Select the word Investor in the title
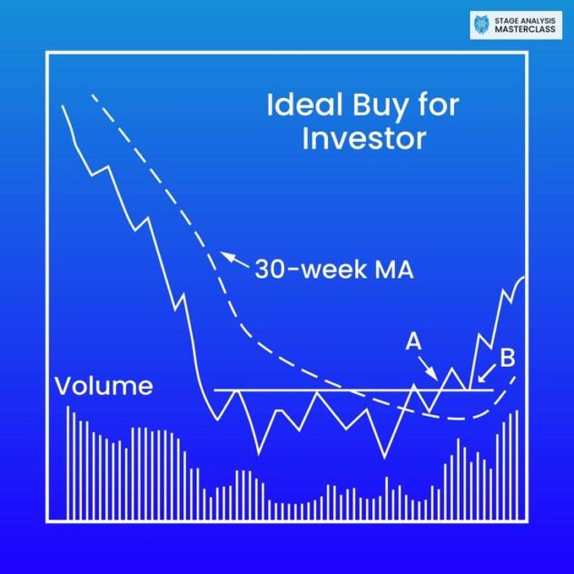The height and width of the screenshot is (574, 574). tap(363, 139)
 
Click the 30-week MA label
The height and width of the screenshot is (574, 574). tap(333, 269)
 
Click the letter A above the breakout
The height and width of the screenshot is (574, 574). tap(413, 341)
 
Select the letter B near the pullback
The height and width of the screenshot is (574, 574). tap(507, 357)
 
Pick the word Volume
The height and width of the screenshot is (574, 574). tap(104, 386)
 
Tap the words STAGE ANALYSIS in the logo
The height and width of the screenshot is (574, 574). tap(524, 19)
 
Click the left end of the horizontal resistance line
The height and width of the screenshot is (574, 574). tap(214, 390)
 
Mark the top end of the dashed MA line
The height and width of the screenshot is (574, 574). tap(92, 94)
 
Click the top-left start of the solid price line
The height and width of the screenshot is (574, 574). tap(62, 106)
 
